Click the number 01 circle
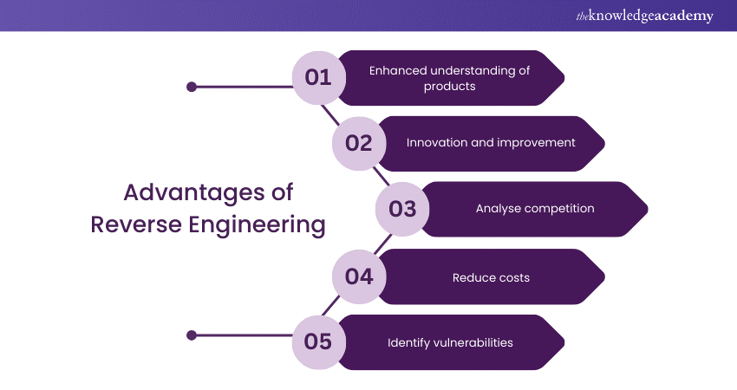click(x=318, y=78)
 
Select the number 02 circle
click(x=358, y=143)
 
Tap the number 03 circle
click(x=402, y=209)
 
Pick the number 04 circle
click(x=358, y=276)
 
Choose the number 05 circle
click(x=318, y=342)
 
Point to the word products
click(x=449, y=87)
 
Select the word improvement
click(x=536, y=142)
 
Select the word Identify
click(x=409, y=342)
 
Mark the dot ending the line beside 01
click(x=192, y=87)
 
